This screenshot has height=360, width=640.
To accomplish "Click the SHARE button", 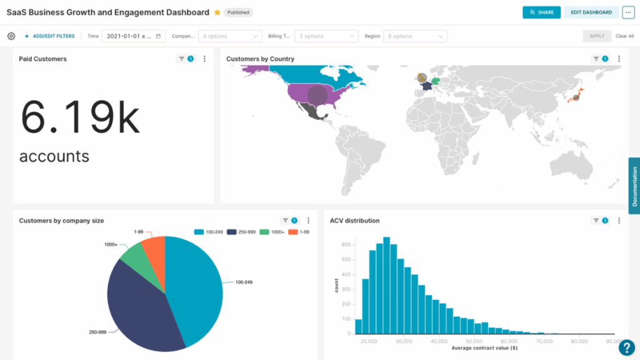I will [x=541, y=12].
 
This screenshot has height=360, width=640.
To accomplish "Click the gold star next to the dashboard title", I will [x=217, y=12].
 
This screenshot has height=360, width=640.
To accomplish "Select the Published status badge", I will [x=237, y=12].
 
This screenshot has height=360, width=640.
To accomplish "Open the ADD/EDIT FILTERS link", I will [x=49, y=36].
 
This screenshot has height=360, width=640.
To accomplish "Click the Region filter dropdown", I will [x=415, y=36].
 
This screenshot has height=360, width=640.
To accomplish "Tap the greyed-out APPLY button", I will [x=597, y=36].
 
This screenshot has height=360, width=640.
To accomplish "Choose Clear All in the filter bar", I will [x=624, y=36].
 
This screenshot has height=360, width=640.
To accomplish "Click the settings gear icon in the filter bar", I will [x=11, y=36].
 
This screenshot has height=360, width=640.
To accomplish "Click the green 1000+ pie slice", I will [x=134, y=258].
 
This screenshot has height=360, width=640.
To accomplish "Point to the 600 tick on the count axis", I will [x=345, y=244].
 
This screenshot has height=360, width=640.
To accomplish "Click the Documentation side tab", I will [x=634, y=186].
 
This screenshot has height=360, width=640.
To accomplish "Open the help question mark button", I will [x=627, y=347].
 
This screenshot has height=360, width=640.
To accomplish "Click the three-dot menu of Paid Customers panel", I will [x=204, y=59].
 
